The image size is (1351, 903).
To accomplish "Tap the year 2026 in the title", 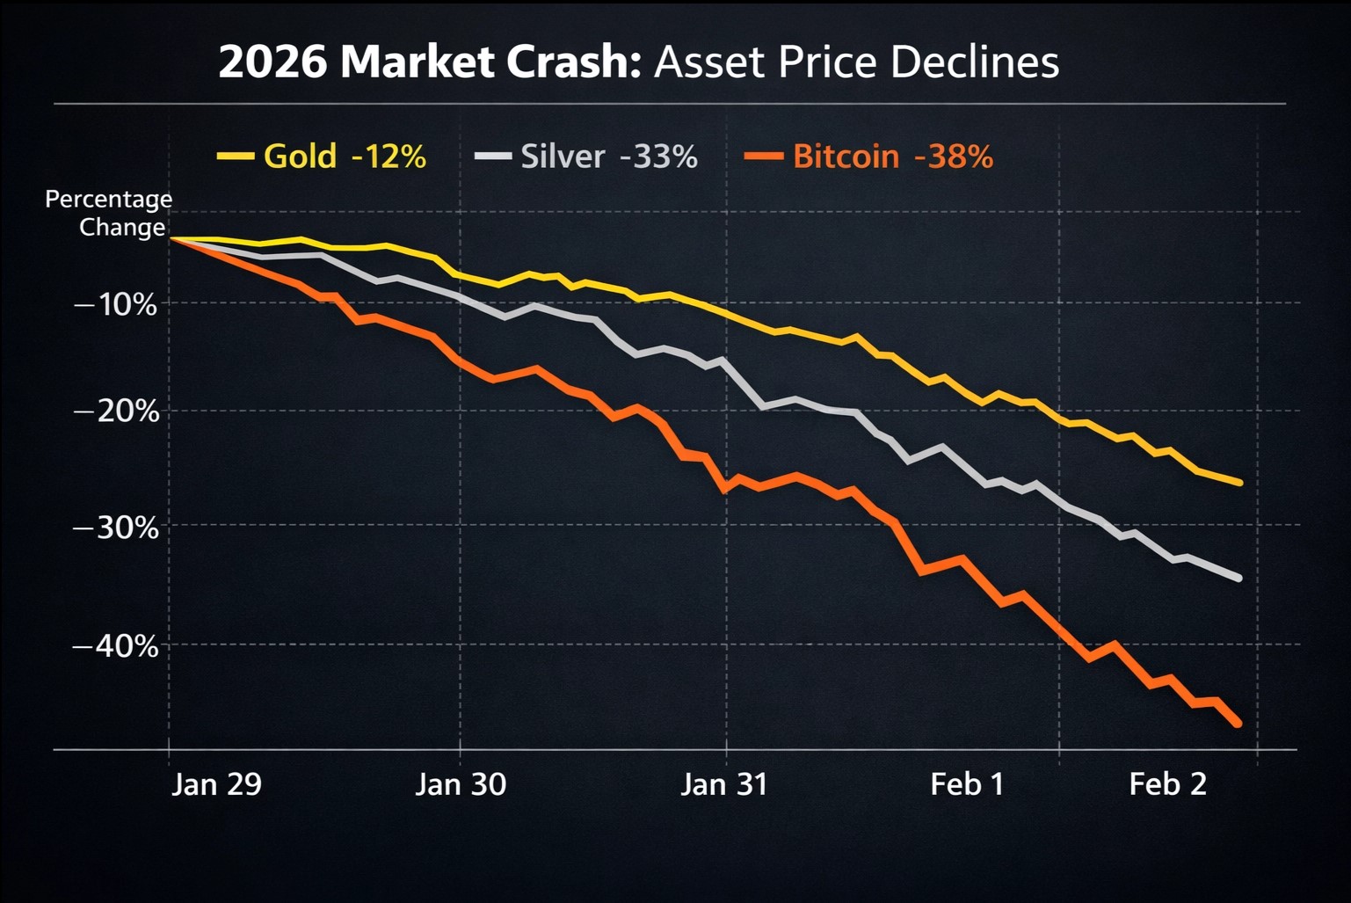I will [273, 63].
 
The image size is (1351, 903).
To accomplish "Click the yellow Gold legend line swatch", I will [235, 157].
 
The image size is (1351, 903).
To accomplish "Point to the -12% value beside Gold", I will [389, 157].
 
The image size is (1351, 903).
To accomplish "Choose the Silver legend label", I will [563, 157].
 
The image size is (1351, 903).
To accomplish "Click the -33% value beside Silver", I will [658, 157].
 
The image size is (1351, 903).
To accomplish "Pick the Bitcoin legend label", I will [846, 157].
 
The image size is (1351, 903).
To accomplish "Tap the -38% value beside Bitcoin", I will [954, 157].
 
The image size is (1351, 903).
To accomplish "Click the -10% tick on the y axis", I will [116, 305].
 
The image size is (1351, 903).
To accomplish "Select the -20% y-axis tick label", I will [116, 411].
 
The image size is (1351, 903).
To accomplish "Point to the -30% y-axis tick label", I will [116, 528].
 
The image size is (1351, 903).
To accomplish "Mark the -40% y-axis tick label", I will [116, 646].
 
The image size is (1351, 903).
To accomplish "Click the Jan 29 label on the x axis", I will [216, 783].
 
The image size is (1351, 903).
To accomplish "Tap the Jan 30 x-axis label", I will [461, 783].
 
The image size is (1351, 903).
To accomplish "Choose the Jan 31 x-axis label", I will [724, 783].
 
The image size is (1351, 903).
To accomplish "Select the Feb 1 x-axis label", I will [967, 783].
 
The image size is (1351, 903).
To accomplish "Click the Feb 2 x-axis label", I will [1168, 783].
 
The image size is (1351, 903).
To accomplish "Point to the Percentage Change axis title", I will [109, 213].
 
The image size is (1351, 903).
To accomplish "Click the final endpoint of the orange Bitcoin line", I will [1238, 724].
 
